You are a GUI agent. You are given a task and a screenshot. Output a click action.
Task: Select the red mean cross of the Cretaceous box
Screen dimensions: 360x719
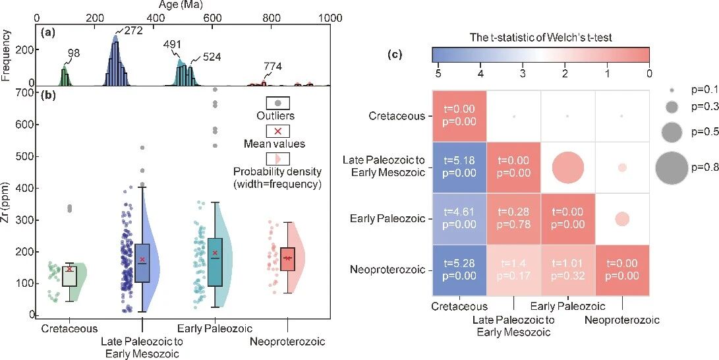(69, 268)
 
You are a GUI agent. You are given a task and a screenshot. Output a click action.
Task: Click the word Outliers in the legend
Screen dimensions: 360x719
(278, 117)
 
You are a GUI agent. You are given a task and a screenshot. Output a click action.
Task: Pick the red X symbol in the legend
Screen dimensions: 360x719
(278, 131)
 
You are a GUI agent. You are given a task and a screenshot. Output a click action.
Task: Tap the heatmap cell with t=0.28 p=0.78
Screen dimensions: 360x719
(513, 218)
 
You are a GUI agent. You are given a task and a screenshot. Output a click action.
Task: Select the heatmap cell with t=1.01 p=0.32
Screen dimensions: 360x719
(567, 270)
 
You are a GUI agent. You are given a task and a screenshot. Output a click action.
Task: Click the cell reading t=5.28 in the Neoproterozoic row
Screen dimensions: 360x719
(459, 270)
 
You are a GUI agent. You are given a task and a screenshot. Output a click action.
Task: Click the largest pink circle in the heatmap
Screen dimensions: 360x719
(567, 167)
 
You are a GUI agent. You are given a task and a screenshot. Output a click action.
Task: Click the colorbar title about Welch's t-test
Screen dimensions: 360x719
(541, 38)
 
